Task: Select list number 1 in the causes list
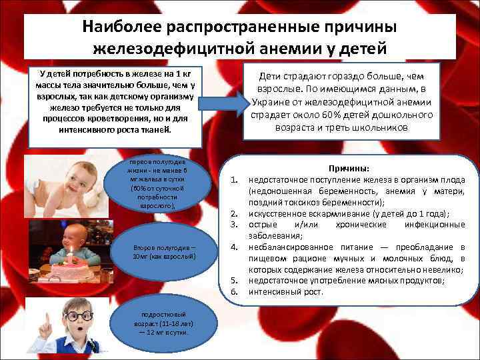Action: pos(235,179)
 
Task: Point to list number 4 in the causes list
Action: pos(235,247)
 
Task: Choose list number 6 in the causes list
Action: pos(235,292)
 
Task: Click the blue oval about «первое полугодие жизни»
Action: pos(158,185)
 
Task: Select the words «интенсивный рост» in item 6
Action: pos(285,292)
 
